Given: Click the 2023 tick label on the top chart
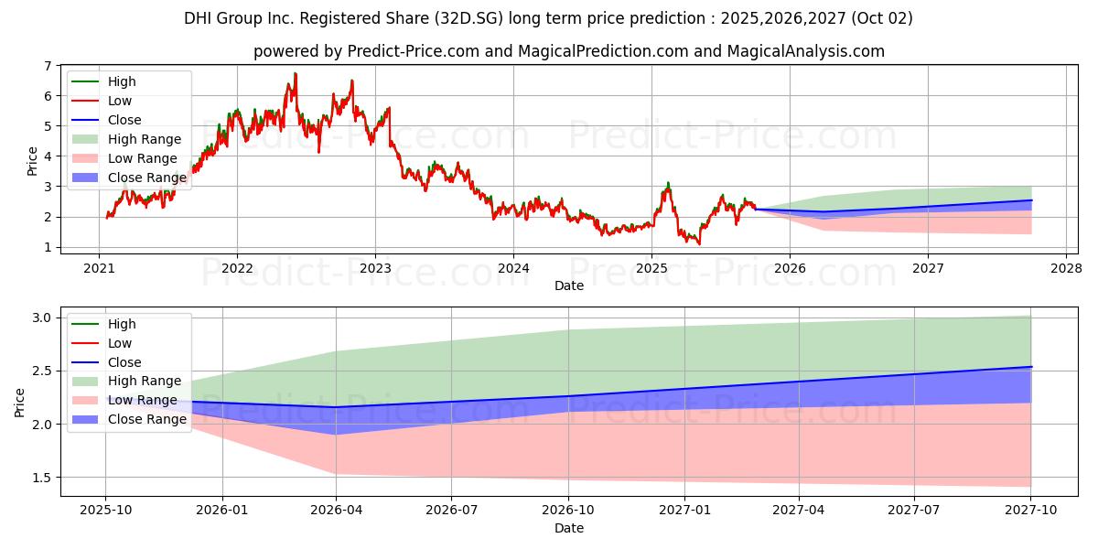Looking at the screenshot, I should click(375, 268).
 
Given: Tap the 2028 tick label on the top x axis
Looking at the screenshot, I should click(1066, 268).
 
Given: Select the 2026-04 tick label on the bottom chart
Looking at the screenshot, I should click(337, 511).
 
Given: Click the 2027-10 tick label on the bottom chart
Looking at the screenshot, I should click(1031, 511).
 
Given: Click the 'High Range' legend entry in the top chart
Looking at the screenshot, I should click(145, 139).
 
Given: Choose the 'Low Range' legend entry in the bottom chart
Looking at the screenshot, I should click(142, 401).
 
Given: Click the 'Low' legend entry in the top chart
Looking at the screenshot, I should click(120, 101).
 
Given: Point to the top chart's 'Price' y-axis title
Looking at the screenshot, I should click(33, 161).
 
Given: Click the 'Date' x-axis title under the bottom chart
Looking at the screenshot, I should click(568, 528).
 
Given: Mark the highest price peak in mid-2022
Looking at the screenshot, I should click(295, 73).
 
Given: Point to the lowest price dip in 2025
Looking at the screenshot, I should click(700, 244).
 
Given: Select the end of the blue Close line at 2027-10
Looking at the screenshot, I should click(1031, 367).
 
